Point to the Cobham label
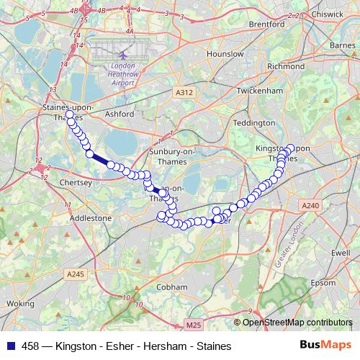(x=172, y=287)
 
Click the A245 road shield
(x=74, y=274)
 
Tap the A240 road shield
(x=310, y=206)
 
